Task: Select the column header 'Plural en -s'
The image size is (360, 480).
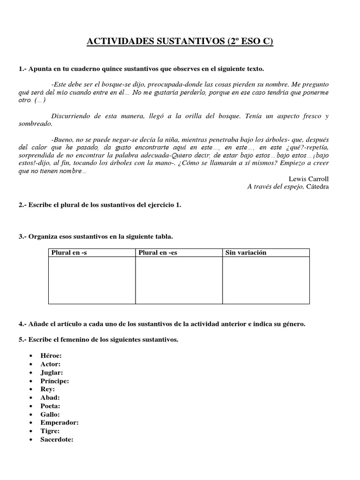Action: tap(69, 253)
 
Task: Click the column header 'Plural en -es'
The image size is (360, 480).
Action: tap(158, 253)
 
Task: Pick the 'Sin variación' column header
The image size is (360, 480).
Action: tap(246, 253)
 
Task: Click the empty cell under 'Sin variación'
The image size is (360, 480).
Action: tap(266, 280)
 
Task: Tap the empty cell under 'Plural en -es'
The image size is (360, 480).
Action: tap(179, 280)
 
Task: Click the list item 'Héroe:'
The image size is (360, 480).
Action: tap(51, 356)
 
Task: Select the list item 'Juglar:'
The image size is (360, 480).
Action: tap(52, 373)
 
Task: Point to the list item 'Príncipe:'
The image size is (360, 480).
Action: tap(54, 381)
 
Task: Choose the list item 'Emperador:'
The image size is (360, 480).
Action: tap(60, 423)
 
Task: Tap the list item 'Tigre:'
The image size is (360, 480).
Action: tap(50, 431)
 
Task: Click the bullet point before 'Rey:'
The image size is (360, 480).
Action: tap(30, 390)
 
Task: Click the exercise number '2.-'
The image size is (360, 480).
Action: tap(22, 205)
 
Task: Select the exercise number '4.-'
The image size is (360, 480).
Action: tap(22, 323)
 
